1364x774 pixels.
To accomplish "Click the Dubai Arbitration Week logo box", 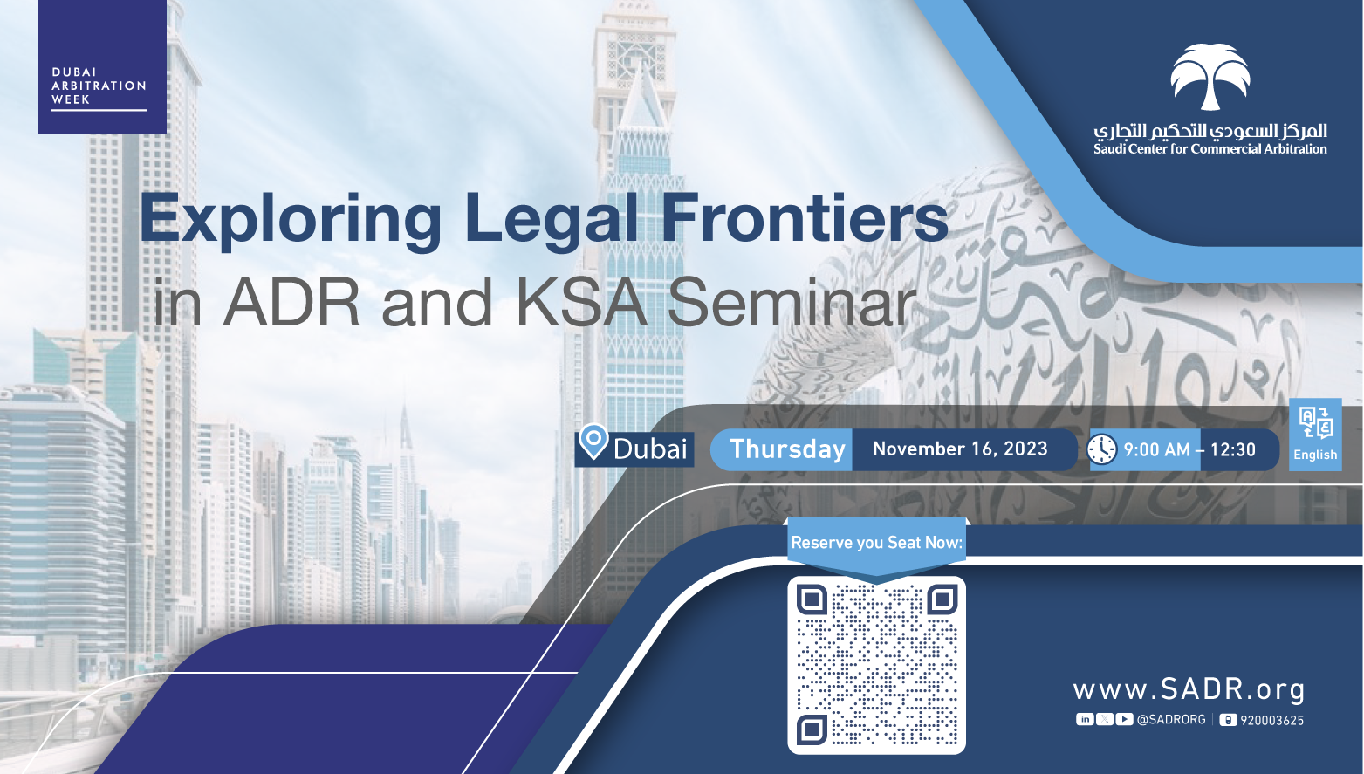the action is coord(102,66).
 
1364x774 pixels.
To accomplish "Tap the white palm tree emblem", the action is coord(1210,77).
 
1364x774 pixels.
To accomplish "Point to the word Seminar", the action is coord(792,302).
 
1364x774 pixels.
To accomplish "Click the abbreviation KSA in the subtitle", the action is coord(581,302).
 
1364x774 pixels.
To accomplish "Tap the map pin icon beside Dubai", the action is coord(593,442).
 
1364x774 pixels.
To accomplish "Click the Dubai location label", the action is coord(650,449).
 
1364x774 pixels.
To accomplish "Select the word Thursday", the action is coord(787,449).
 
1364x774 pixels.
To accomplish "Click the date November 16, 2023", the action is coord(960,449).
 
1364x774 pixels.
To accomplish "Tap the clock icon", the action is coord(1102,450).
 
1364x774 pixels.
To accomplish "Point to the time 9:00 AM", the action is coord(1156,450).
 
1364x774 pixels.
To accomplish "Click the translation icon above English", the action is coord(1316,422).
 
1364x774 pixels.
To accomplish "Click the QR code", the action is coord(877,665).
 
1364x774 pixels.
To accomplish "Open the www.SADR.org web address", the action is coord(1189,689).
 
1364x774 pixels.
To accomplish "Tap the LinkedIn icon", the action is coord(1085,719).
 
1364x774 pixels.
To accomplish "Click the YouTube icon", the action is coord(1124,719).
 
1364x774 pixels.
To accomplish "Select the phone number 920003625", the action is coord(1271,721).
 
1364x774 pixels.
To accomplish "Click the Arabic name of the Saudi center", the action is coord(1210,131).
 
